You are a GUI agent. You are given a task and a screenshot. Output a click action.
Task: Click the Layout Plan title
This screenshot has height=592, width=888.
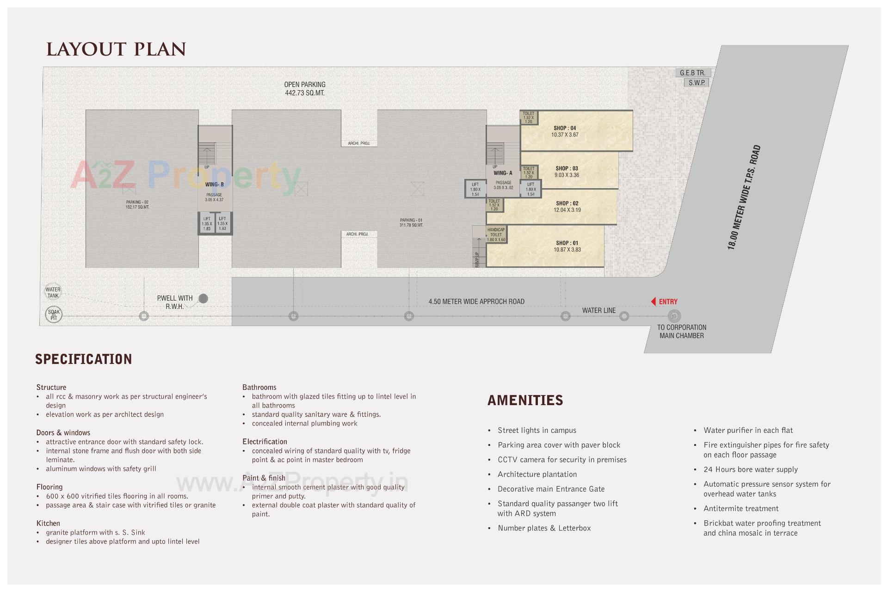point(116,49)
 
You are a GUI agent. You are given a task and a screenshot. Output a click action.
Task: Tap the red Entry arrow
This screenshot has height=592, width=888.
point(654,302)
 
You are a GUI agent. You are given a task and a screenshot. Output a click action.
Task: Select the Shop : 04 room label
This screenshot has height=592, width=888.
point(565,128)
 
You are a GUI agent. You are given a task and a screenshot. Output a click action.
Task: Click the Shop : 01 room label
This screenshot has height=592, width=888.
point(567,243)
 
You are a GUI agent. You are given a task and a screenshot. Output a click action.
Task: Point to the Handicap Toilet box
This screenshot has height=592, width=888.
point(496,234)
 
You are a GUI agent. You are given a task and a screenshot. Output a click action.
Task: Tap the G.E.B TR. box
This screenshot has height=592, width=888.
point(692,73)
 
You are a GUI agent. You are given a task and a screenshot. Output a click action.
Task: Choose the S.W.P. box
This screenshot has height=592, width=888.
point(697,83)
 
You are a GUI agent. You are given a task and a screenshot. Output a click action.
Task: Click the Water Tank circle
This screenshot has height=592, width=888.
point(53,292)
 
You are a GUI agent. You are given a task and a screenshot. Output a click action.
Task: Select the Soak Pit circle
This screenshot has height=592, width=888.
point(54,315)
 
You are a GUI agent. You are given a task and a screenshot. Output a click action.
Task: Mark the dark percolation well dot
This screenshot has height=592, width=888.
point(203,299)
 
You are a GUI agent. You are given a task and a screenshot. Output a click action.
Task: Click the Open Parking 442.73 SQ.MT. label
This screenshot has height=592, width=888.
point(305,89)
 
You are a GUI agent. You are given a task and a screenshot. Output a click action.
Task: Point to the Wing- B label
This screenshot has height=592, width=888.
point(215,185)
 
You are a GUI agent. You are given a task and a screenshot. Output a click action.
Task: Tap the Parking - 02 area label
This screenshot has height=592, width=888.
point(137,204)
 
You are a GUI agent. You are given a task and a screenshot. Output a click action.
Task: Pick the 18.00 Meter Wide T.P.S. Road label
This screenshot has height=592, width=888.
point(744,197)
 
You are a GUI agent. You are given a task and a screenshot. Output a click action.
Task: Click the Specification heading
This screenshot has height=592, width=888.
point(84,359)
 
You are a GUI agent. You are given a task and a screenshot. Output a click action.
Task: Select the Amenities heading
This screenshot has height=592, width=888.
point(525,400)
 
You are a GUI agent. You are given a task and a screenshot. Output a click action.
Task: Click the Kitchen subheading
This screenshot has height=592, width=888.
point(48,523)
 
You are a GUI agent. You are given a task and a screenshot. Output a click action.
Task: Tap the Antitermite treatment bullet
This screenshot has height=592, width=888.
point(741,508)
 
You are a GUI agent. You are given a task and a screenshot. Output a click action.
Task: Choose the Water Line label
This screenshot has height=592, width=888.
point(599,310)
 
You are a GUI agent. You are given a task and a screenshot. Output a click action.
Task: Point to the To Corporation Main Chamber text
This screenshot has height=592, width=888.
point(682,331)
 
